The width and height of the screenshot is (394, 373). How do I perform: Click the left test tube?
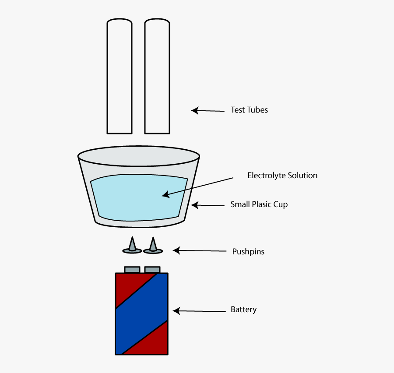(x=120, y=77)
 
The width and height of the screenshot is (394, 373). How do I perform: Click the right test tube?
(x=157, y=77)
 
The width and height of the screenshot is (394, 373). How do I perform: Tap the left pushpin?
(x=132, y=246)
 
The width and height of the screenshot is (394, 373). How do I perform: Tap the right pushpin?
(x=153, y=246)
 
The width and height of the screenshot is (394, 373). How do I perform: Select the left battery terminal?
(x=132, y=269)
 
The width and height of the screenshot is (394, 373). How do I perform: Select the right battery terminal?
(x=152, y=269)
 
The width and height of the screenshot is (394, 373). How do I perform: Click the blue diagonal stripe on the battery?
(x=141, y=313)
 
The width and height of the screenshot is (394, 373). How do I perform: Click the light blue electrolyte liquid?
(x=139, y=197)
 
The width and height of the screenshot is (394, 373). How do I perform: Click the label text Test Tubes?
(x=249, y=110)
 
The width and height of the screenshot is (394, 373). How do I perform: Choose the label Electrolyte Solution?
(x=282, y=176)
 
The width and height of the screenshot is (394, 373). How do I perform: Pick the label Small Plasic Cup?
(x=259, y=204)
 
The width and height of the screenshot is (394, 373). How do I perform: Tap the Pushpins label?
(x=248, y=252)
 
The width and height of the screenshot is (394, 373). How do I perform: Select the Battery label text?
(x=243, y=310)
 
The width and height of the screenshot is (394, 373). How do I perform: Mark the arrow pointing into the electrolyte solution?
(x=197, y=186)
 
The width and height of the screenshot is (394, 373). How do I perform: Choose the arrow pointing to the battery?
(x=199, y=311)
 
